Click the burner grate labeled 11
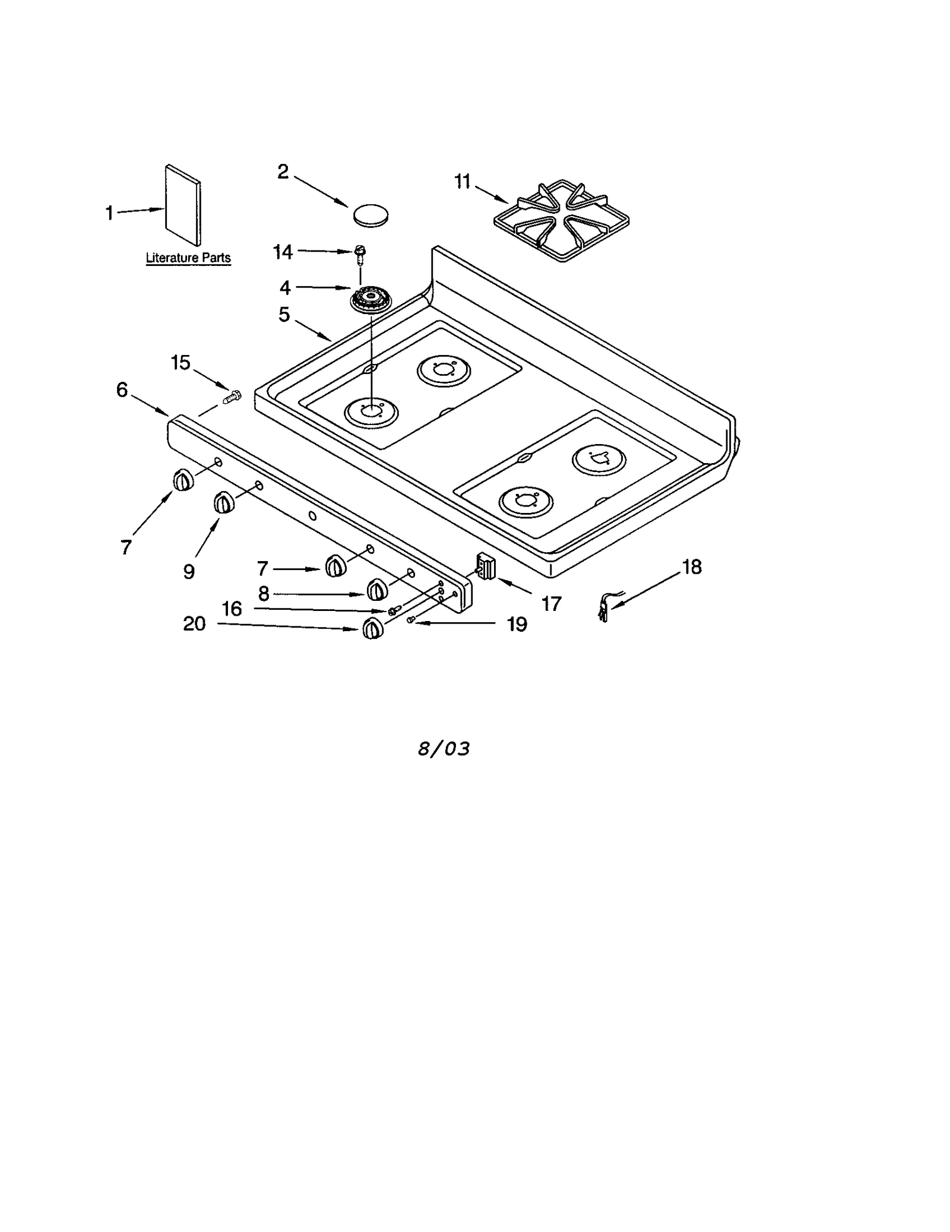tap(562, 221)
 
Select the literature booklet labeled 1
tap(182, 205)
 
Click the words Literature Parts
tap(188, 258)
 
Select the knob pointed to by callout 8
tap(377, 590)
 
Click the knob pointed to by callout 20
tap(372, 628)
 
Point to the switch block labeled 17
tap(487, 566)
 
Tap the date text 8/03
tap(444, 749)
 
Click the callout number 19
tap(517, 624)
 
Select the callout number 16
tap(232, 609)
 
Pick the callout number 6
tap(122, 389)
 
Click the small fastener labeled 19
tap(410, 620)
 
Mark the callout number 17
tap(551, 604)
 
